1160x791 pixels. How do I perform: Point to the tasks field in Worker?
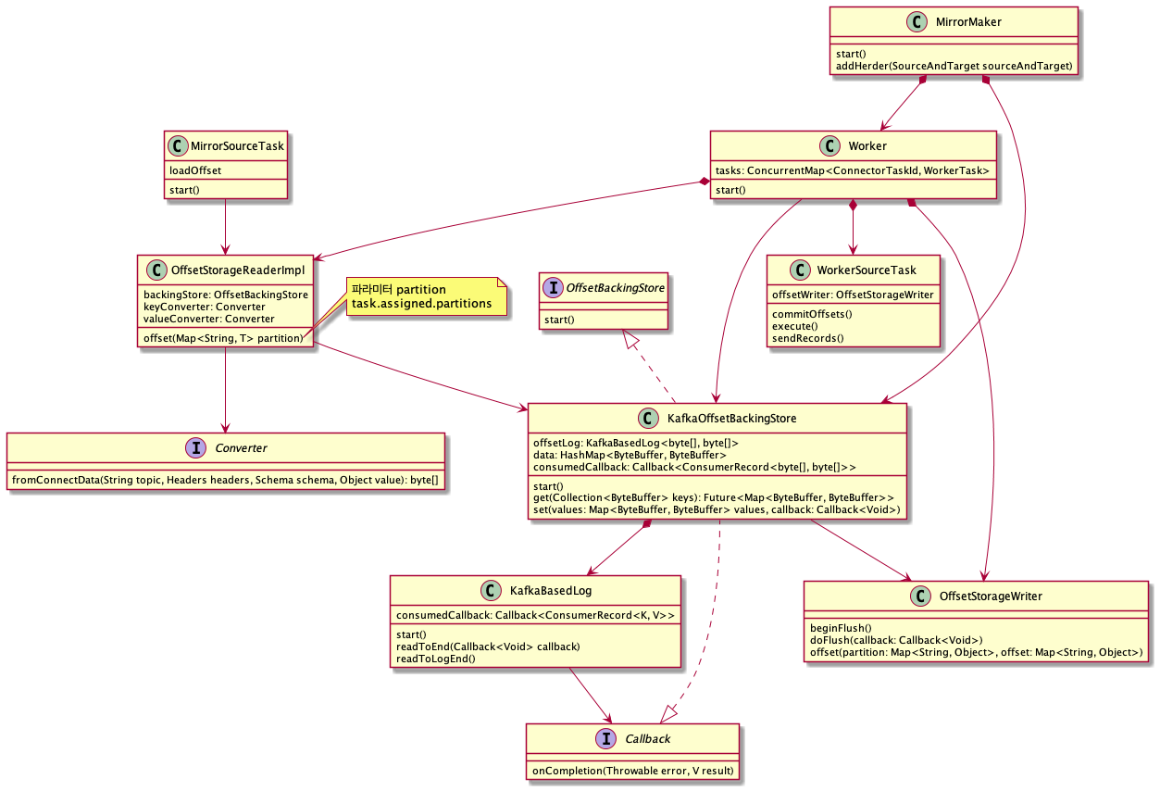pos(852,171)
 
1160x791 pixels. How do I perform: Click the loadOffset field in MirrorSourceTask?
pos(193,171)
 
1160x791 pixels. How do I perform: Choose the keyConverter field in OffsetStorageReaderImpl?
pos(204,307)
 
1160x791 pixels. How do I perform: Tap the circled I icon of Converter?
pos(197,447)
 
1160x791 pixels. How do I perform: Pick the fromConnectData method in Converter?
pos(225,480)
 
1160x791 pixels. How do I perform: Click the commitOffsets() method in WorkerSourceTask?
pos(812,314)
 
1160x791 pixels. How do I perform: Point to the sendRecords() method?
pos(808,338)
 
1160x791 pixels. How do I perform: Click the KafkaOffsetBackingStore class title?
pos(730,419)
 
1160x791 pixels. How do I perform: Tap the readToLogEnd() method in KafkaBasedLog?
pos(435,659)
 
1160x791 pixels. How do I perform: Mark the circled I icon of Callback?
pos(606,738)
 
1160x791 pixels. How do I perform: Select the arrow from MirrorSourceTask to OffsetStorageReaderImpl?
pos(226,227)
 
